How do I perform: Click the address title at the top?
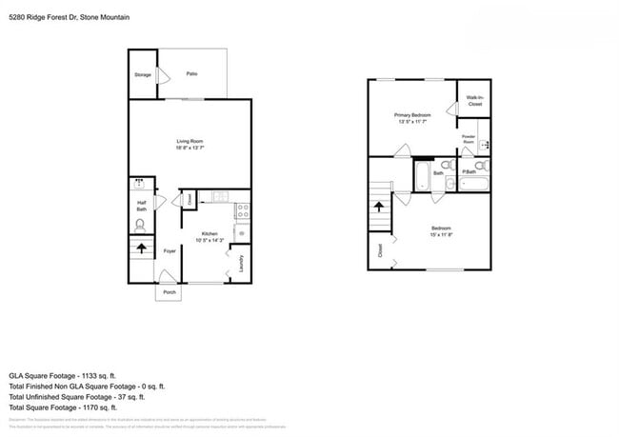point(69,17)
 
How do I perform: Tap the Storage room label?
point(142,74)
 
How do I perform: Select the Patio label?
point(191,73)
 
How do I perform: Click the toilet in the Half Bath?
point(141,226)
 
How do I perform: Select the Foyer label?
point(170,251)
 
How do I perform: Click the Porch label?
point(170,292)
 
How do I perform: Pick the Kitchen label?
point(209,233)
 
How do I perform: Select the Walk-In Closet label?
point(474,100)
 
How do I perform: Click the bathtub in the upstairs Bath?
point(423,174)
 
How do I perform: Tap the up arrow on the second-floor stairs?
point(379,206)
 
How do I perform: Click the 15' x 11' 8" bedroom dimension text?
point(441,234)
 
